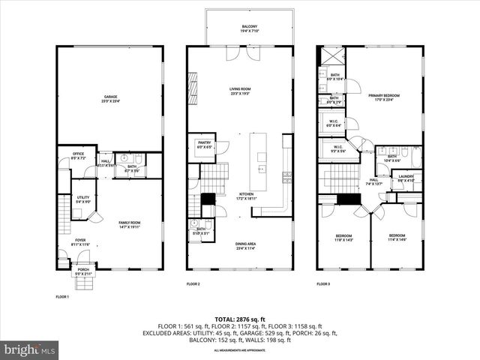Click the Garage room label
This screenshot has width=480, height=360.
pos(110,98)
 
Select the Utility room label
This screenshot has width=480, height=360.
pos(82,199)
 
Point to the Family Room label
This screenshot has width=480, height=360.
pos(130,223)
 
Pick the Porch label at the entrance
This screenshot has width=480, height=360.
pos(82,274)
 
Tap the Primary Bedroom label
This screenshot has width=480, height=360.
pos(384,97)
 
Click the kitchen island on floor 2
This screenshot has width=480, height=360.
pos(261,161)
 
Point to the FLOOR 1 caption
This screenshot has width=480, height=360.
pos(62,297)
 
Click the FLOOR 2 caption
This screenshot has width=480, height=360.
pos(193,284)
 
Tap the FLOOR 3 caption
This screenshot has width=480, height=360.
pos(323,284)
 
